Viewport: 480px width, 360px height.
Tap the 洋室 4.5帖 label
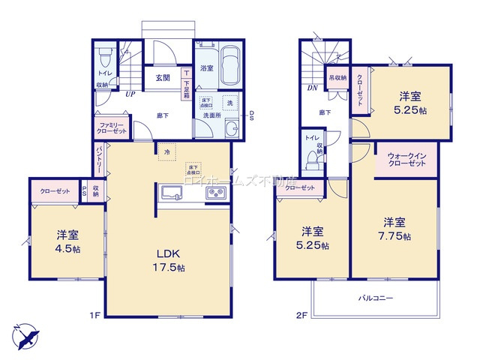tap(67, 241)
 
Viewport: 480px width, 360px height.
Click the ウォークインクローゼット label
tap(408, 160)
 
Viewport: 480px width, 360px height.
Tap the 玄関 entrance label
tap(163, 77)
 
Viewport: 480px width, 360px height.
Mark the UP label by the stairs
tap(130, 94)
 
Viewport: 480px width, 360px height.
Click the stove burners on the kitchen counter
tap(217, 194)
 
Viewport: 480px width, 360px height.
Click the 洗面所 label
tap(212, 115)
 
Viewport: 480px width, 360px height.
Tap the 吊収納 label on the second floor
tap(337, 76)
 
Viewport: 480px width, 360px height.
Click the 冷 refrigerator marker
tap(166, 152)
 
